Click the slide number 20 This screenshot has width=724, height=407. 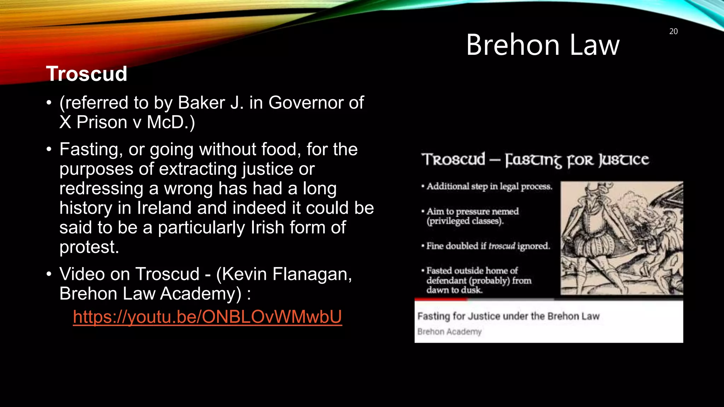coord(673,31)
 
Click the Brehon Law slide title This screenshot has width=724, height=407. coord(543,45)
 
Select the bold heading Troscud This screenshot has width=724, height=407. coord(87,73)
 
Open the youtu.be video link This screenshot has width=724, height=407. coord(208,317)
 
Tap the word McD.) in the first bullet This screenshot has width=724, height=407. coord(171,122)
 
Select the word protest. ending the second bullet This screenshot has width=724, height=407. coord(89,247)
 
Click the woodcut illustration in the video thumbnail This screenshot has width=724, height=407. coord(621,238)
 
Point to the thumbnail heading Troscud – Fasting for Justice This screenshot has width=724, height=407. coord(535,160)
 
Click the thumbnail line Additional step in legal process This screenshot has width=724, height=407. coord(489,186)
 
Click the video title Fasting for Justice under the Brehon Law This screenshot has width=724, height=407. coord(508,316)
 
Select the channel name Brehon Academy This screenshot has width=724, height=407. coord(449,332)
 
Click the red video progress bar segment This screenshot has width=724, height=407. coord(440,299)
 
